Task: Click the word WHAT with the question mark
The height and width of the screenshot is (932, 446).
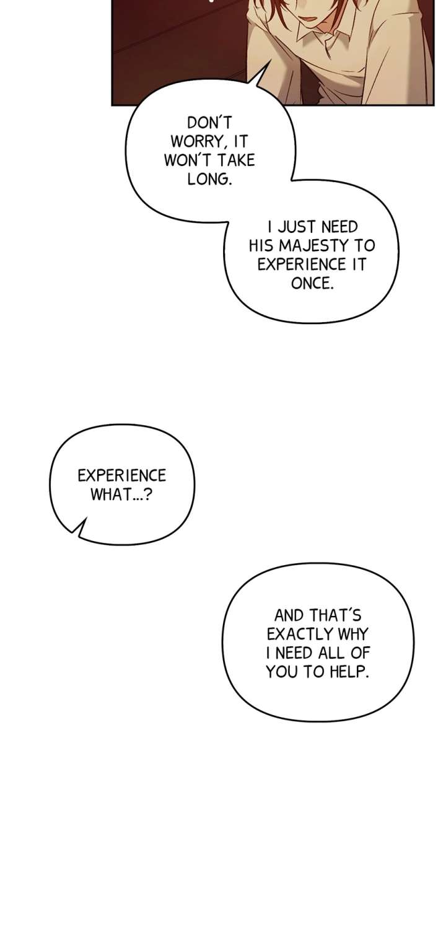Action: coord(121,495)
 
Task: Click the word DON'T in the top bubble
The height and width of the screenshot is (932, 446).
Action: coord(209,123)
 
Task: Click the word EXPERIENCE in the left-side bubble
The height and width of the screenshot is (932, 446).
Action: coord(121,475)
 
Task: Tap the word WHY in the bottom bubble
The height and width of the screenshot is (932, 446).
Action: coord(353,634)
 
